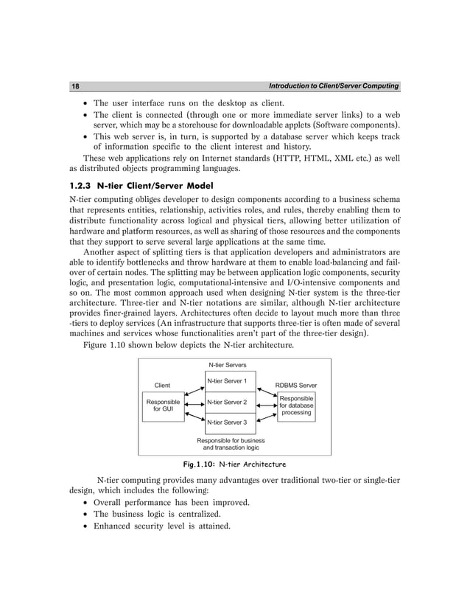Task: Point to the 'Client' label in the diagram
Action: pos(161,385)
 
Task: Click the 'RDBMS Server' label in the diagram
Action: pos(295,385)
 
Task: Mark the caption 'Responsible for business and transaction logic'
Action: pos(231,444)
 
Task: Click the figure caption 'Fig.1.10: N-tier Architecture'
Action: pos(234,464)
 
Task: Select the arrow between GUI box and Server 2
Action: pos(194,403)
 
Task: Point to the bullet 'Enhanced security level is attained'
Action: pos(160,526)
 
